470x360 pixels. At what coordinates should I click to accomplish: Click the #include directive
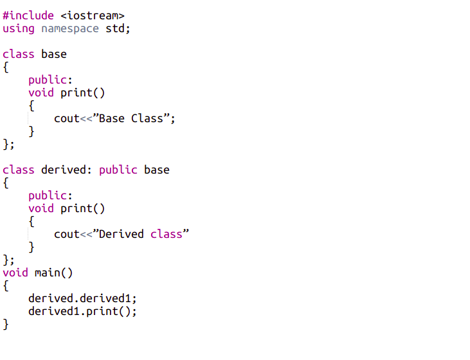28,15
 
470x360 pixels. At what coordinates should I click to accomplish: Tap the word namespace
70,28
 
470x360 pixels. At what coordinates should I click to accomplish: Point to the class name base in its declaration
54,54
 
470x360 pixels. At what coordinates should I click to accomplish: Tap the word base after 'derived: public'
157,170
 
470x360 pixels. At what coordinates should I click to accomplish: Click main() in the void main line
54,273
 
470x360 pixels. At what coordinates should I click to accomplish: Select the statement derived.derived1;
83,298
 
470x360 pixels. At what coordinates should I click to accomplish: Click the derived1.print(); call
83,311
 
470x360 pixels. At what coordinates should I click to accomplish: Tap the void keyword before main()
15,273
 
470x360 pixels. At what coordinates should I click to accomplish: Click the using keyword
19,28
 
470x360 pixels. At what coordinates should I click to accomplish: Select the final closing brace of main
6,324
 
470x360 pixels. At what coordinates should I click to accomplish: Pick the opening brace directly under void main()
6,285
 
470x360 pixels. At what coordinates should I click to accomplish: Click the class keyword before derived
19,170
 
